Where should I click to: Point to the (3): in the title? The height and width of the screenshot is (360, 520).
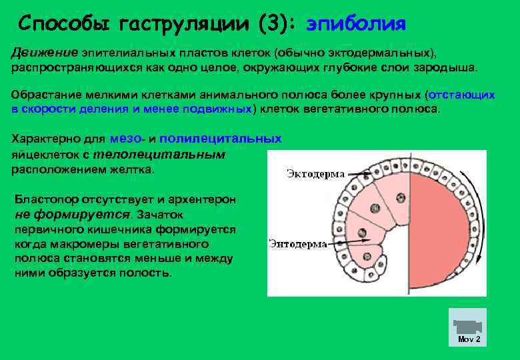pyautogui.click(x=274, y=24)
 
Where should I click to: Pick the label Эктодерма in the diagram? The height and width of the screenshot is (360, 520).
pyautogui.click(x=315, y=174)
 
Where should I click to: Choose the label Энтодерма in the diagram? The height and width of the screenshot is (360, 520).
pyautogui.click(x=297, y=244)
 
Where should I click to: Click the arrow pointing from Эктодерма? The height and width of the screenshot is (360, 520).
pyautogui.click(x=359, y=175)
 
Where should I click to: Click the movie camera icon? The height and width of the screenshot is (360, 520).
pyautogui.click(x=467, y=327)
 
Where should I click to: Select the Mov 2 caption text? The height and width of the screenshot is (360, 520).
pyautogui.click(x=469, y=339)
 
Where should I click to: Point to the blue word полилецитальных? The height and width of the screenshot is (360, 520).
pyautogui.click(x=220, y=139)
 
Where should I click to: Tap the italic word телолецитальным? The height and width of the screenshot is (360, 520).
pyautogui.click(x=159, y=154)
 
